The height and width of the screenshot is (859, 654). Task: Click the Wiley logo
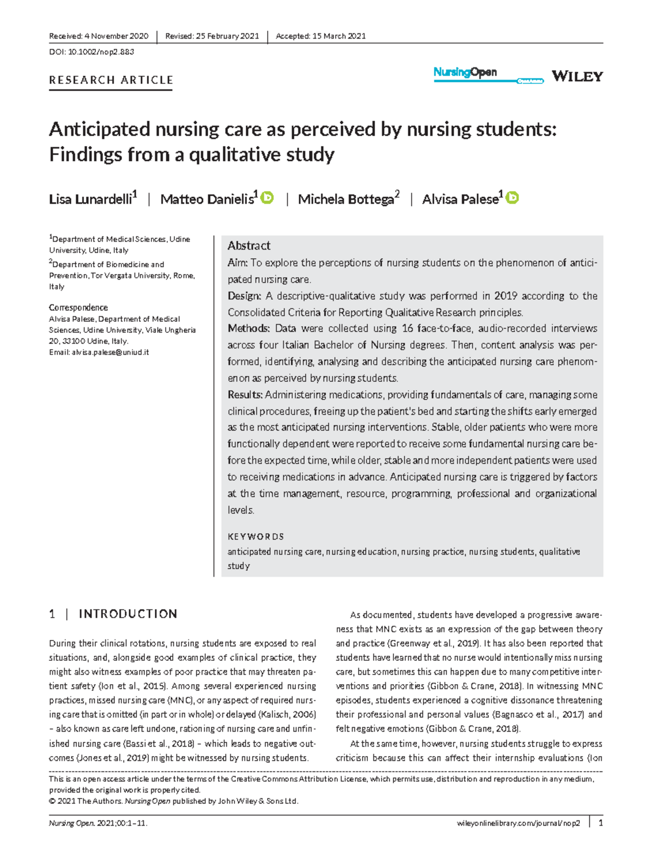pos(577,76)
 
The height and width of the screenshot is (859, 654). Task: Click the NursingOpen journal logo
pos(465,72)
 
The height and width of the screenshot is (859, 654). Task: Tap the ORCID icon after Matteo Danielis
pos(267,198)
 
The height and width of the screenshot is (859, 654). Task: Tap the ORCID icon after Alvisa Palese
pos(512,198)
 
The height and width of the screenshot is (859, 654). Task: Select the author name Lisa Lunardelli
pos(90,199)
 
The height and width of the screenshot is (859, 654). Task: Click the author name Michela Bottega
pos(346,199)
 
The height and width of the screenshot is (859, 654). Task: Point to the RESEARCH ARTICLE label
pos(111,80)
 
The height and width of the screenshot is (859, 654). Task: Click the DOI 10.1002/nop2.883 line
pos(92,52)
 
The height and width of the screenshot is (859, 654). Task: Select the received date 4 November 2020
pos(116,36)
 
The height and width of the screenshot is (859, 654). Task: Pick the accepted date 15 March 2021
pos(338,36)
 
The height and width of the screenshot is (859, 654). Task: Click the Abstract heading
pos(249,246)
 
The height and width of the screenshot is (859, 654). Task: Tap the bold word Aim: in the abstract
pos(237,263)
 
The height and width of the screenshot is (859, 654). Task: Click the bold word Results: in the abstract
pos(245,394)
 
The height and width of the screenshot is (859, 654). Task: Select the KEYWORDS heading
pos(256,537)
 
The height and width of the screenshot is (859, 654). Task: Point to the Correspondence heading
pos(78,308)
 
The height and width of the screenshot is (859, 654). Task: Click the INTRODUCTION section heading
pos(128,614)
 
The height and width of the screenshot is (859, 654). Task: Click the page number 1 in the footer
pos(601,823)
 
